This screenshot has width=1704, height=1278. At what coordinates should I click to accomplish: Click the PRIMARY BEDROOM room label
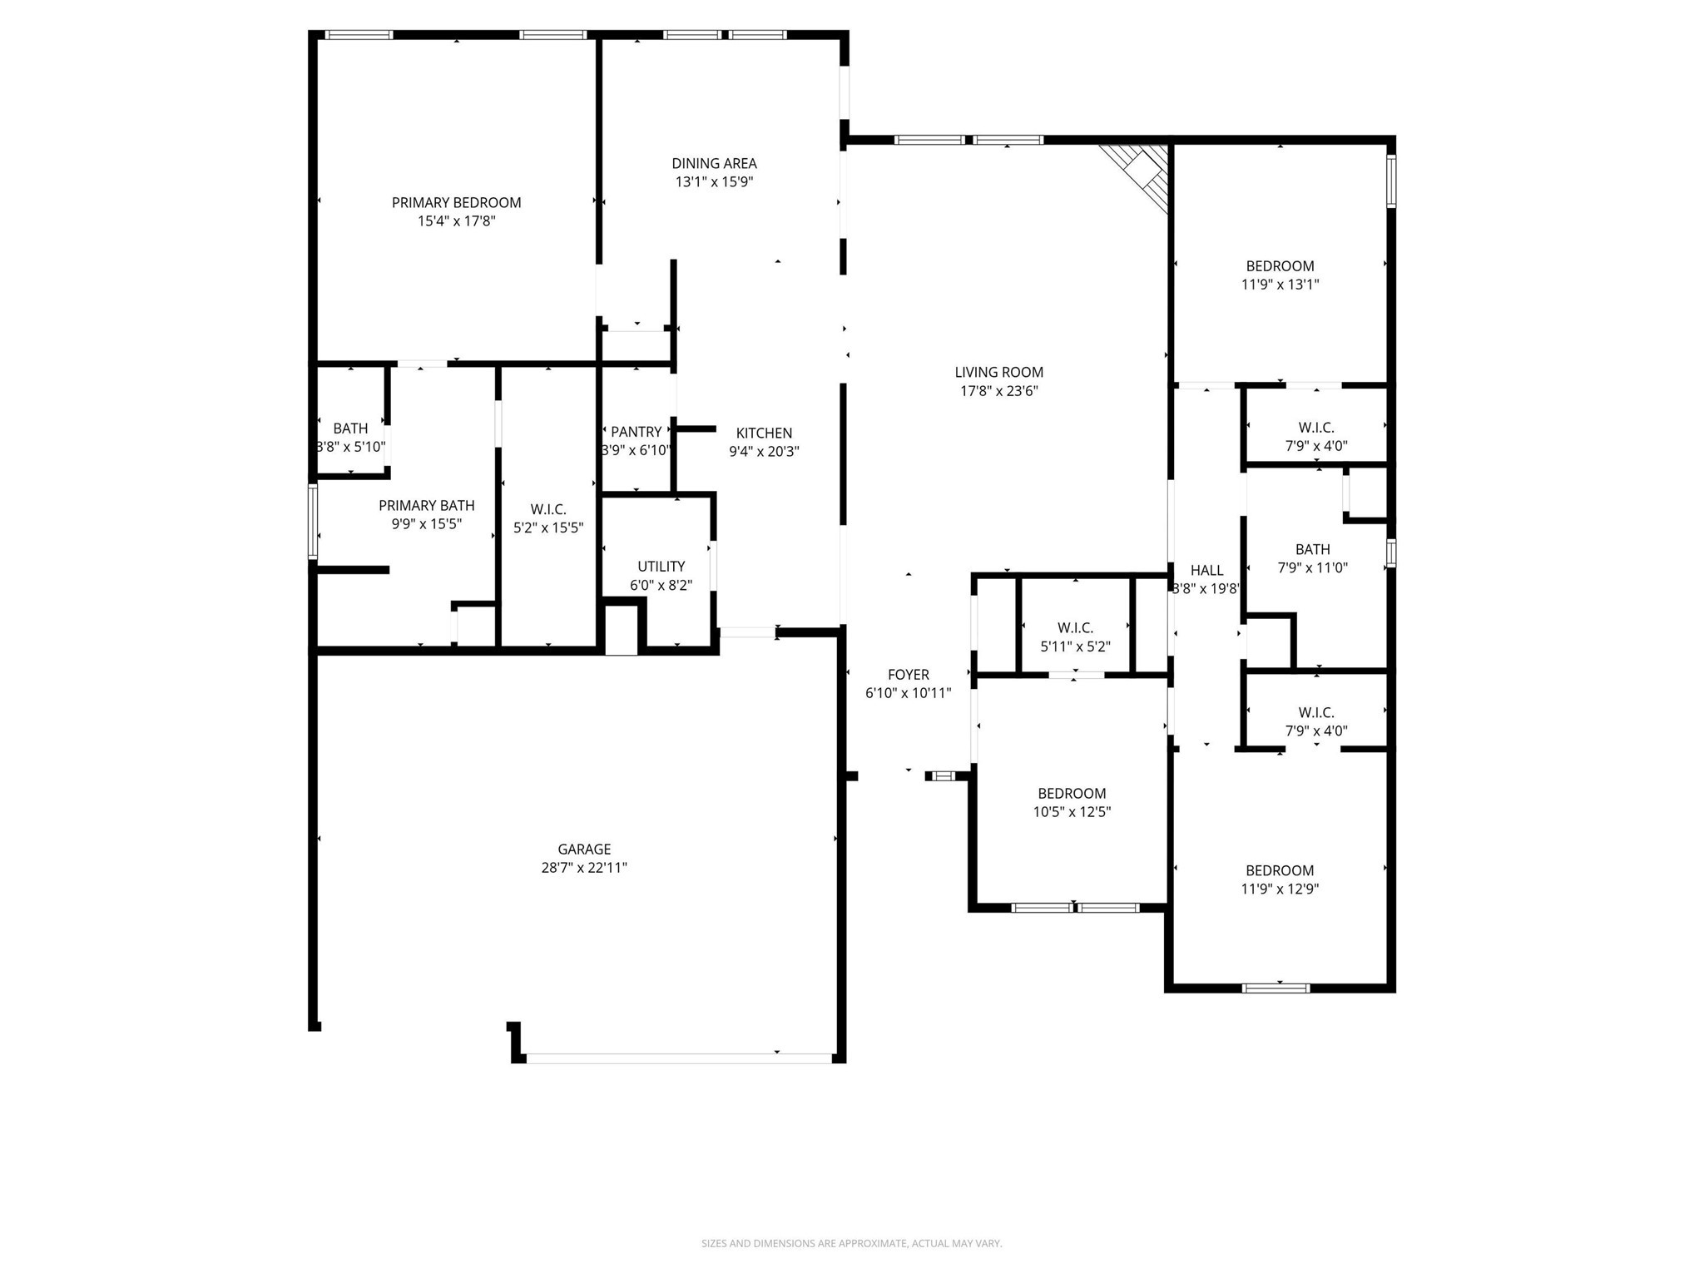point(456,202)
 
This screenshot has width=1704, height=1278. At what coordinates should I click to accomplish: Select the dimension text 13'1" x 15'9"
point(714,181)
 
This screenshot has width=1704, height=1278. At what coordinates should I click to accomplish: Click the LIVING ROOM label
point(998,372)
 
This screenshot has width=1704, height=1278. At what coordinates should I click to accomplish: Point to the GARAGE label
point(584,849)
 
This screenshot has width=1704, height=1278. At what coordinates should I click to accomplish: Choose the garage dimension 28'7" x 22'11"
point(584,867)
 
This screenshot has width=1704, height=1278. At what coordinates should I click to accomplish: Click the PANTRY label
point(637,431)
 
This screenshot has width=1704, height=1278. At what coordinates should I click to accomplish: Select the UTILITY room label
point(661,567)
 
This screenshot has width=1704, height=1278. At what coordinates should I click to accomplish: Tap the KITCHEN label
point(764,433)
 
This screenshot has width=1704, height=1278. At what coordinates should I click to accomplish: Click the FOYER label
point(908,675)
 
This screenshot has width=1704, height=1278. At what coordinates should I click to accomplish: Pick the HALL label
point(1206,570)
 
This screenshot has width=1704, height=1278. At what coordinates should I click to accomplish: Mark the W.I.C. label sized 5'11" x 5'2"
point(1075,627)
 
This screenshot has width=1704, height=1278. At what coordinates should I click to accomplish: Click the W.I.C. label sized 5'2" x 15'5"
point(548,509)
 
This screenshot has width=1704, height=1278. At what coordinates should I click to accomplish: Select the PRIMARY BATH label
point(427,505)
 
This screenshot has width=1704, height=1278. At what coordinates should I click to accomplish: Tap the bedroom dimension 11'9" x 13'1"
point(1280,284)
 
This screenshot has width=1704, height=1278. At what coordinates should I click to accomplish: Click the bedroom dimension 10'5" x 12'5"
point(1072,811)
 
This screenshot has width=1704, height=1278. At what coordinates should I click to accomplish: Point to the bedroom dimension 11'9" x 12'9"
point(1280,889)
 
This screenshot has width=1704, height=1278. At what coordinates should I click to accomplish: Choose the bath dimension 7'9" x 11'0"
point(1312,567)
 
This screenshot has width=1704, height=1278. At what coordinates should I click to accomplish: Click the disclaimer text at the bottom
point(851,1243)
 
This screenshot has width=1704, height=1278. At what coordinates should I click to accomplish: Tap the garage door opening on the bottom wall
point(678,1058)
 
